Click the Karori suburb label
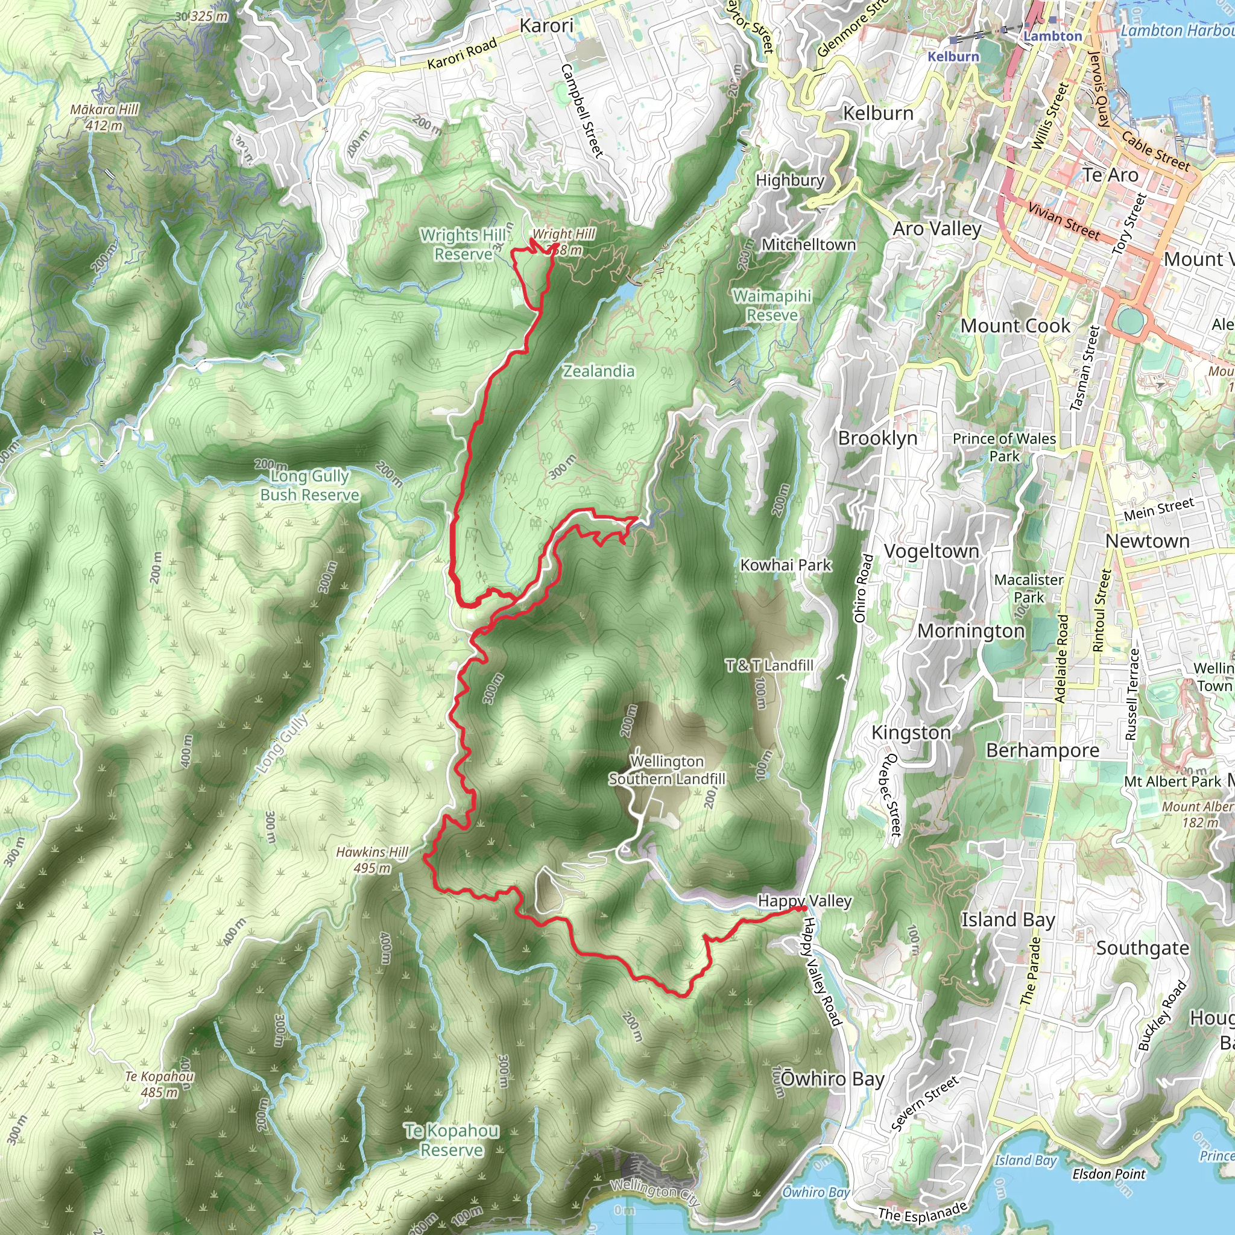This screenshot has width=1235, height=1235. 546,26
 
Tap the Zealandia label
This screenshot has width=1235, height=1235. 598,371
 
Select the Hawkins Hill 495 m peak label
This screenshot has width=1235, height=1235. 372,860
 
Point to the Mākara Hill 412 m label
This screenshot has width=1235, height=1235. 105,118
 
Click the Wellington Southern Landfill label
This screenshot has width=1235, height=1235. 667,770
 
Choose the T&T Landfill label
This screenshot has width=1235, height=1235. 769,666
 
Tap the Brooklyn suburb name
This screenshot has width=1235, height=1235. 877,438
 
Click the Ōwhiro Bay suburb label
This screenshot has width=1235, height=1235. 832,1079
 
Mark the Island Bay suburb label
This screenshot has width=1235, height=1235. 1008,920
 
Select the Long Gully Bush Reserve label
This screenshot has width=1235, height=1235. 309,485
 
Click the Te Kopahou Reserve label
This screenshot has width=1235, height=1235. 452,1140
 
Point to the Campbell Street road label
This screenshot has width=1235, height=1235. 583,110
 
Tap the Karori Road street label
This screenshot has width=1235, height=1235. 461,54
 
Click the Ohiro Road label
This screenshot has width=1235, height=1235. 863,589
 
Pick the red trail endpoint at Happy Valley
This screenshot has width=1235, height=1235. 802,908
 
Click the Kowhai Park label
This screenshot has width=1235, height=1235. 786,565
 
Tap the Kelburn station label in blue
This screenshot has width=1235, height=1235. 953,56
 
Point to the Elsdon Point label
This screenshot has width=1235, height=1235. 1108,1173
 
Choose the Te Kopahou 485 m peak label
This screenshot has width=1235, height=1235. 159,1084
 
